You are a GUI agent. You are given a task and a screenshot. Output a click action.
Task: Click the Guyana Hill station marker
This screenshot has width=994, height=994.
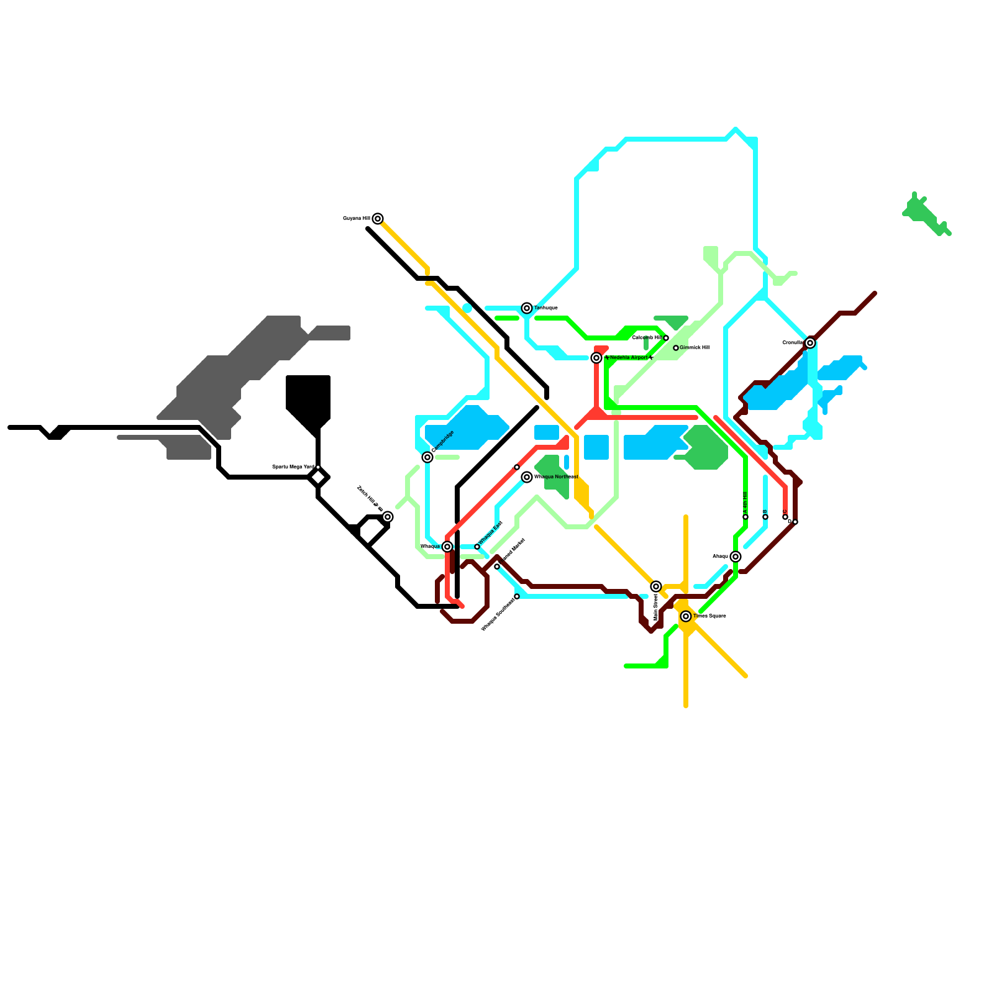click(378, 219)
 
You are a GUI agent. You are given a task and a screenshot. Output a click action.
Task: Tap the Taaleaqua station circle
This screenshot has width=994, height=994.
click(527, 308)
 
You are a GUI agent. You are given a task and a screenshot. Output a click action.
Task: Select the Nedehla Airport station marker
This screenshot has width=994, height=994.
click(596, 358)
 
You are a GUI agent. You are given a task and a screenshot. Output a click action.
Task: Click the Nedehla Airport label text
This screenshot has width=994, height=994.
click(629, 358)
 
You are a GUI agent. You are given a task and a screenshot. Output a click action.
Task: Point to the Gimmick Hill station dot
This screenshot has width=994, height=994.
click(676, 348)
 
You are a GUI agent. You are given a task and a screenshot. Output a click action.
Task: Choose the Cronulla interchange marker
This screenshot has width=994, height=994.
click(810, 343)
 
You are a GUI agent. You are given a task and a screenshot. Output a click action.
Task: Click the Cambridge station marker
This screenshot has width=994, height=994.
click(427, 457)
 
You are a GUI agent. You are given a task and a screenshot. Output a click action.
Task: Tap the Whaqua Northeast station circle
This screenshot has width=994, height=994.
click(527, 477)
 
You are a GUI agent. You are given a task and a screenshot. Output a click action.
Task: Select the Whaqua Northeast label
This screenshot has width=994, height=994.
click(556, 477)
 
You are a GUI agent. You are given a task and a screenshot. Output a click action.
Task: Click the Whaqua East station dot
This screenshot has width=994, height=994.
click(477, 547)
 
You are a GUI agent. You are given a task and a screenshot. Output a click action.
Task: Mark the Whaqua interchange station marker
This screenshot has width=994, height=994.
click(447, 547)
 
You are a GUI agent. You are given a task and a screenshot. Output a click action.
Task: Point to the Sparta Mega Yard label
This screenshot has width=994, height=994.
click(293, 467)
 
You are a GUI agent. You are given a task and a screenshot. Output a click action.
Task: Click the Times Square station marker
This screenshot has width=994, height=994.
click(686, 616)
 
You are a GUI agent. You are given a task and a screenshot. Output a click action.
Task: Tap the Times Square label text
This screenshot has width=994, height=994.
click(709, 616)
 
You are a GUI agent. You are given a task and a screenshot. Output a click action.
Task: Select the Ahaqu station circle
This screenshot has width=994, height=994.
click(736, 557)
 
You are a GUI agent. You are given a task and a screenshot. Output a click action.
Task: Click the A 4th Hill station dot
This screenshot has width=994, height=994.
click(745, 517)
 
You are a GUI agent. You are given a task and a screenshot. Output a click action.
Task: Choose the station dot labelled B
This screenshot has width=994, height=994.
click(765, 517)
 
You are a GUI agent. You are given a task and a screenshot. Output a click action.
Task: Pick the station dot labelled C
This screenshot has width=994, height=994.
click(785, 517)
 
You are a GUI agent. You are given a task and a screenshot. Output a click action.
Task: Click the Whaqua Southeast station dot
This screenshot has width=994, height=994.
click(517, 596)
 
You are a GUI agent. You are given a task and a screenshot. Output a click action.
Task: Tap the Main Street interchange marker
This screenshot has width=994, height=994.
click(656, 586)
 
